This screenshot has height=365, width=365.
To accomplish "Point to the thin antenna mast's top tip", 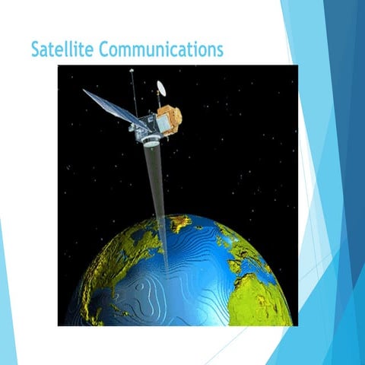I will [131, 71].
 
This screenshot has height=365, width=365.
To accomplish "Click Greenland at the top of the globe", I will [179, 222].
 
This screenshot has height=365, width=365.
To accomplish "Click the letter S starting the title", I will [36, 50].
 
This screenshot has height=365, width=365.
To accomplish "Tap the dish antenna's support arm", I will [161, 100].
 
